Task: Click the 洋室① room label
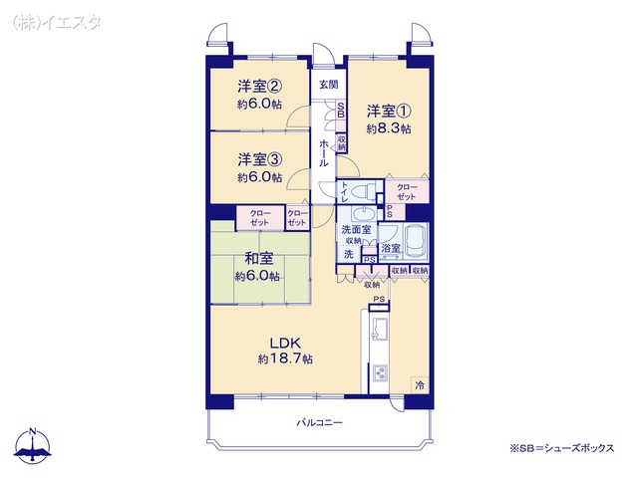point(389,111)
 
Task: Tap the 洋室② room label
point(260,87)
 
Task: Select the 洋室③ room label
point(260,159)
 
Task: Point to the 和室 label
point(259,259)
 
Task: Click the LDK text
point(286,343)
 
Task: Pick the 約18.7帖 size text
point(286,358)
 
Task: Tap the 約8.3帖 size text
point(389,128)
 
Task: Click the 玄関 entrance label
point(328,85)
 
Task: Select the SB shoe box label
point(341,110)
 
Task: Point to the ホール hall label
point(324,152)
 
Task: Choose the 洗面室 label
point(356,229)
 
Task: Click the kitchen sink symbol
point(379,329)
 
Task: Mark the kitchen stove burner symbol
point(380,374)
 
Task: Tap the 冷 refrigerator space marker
point(420,384)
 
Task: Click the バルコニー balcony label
point(319,422)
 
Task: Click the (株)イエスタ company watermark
point(57,22)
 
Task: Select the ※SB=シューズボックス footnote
point(562,448)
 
